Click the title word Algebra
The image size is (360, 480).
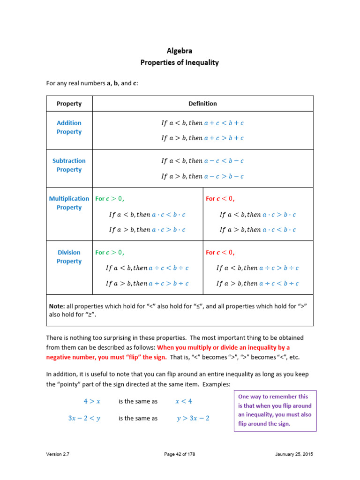[180, 51]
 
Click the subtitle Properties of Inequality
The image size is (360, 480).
[180, 62]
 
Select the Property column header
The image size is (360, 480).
[69, 104]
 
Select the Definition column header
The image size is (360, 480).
[202, 104]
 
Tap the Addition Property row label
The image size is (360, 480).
[69, 127]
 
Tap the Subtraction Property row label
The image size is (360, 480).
[69, 165]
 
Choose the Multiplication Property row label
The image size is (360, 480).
[69, 203]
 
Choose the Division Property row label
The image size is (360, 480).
[69, 257]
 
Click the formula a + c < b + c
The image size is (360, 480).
[224, 123]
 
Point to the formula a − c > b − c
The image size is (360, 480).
[224, 176]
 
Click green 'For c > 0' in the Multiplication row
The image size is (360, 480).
[110, 199]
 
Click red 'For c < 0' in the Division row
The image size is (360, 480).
[220, 253]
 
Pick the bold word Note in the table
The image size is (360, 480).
[57, 306]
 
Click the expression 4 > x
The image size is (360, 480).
[92, 401]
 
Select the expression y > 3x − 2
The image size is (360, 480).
[193, 418]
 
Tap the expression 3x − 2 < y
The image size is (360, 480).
[84, 418]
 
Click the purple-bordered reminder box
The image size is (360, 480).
[275, 411]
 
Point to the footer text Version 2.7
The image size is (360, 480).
[58, 454]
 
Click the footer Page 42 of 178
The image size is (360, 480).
[180, 454]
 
